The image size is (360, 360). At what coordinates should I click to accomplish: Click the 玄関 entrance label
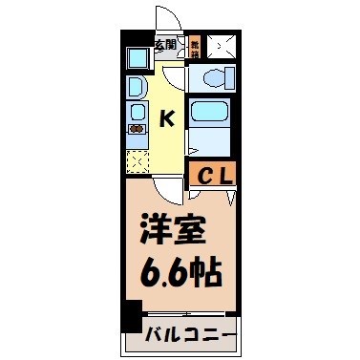[166, 44]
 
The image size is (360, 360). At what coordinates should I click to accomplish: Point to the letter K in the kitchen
[166, 118]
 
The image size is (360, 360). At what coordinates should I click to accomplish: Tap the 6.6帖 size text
[179, 273]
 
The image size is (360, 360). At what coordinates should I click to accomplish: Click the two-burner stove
[136, 129]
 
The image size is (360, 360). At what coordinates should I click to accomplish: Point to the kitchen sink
[135, 108]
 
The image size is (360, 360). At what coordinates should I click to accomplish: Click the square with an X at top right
[222, 44]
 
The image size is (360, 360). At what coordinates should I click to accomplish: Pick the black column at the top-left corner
[127, 42]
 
